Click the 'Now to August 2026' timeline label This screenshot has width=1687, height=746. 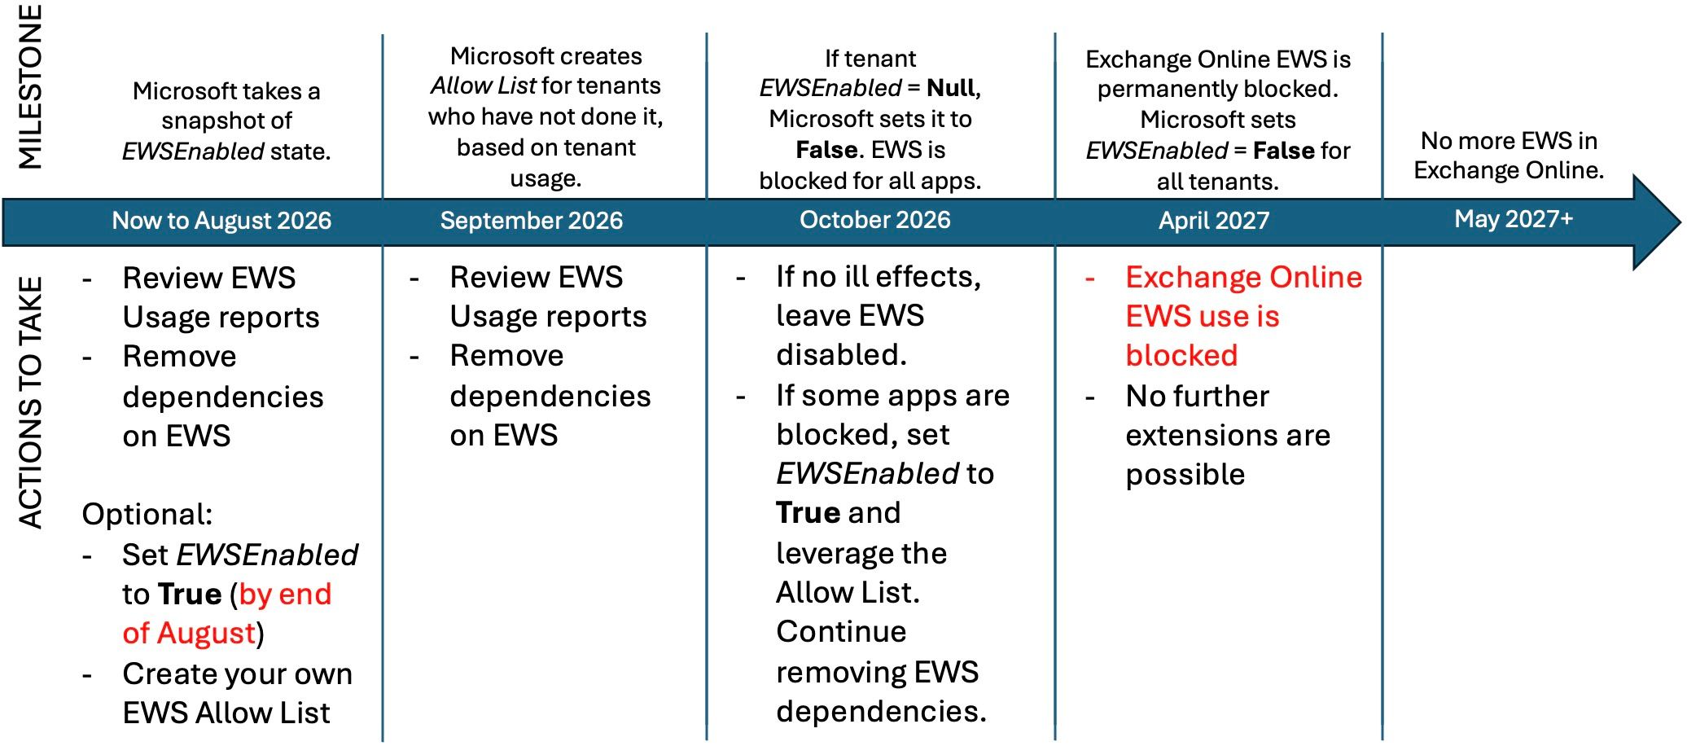coord(221,221)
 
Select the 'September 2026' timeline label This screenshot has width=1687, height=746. coord(532,221)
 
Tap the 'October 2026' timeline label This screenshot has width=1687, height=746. coord(875,220)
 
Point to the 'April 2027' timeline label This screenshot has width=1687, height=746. coord(1214,221)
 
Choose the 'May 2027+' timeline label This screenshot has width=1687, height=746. coord(1514,219)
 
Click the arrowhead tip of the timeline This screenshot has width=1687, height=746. coord(1680,222)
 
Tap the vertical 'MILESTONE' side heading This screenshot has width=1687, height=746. coord(30,86)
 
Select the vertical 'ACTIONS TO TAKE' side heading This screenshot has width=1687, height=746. coord(30,403)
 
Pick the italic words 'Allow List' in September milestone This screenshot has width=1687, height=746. coord(484,86)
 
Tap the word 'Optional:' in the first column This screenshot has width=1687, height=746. coord(147,515)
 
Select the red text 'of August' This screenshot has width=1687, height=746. coord(190,634)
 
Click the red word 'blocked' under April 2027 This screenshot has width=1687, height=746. coord(1181,356)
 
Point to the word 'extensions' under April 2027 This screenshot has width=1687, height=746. coord(1195,436)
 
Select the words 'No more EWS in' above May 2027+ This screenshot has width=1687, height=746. coord(1509,141)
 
